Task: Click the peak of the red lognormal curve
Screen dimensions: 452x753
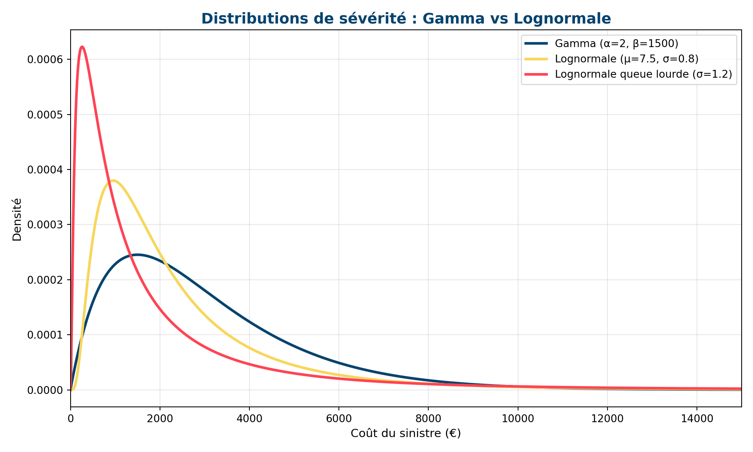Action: point(82,47)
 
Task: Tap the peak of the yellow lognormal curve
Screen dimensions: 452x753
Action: point(113,180)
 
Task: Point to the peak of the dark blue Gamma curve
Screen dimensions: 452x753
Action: point(137,255)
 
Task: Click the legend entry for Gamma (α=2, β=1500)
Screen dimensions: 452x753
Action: point(617,44)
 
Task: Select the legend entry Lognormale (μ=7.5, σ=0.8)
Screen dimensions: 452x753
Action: point(627,59)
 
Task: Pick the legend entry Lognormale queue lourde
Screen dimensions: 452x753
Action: point(644,74)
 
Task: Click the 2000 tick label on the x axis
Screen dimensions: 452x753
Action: point(160,418)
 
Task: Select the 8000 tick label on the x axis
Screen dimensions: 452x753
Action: point(428,418)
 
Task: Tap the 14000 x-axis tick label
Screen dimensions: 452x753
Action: point(697,418)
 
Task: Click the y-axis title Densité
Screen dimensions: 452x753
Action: point(17,219)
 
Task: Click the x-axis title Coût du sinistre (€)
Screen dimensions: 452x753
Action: point(406,433)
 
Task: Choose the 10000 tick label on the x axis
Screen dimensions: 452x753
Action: point(518,418)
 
